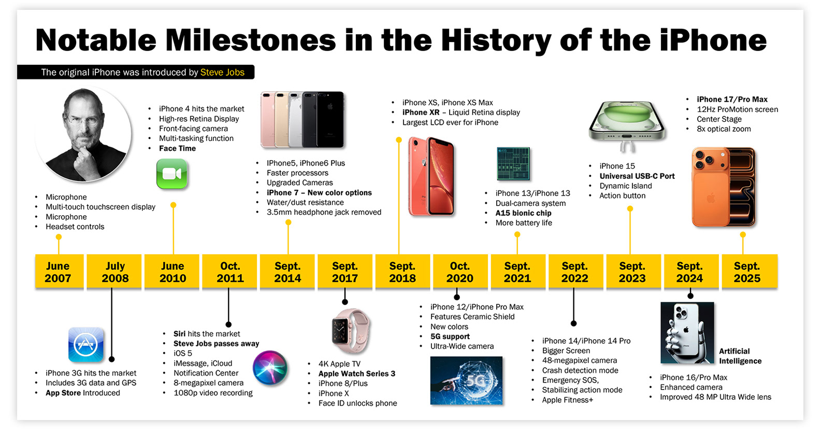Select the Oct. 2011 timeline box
[230, 271]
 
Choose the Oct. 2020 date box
[460, 271]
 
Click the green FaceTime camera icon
[172, 174]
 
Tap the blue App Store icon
[86, 345]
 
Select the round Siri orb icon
[270, 367]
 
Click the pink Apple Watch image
[350, 331]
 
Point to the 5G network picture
[466, 380]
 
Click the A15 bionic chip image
[513, 164]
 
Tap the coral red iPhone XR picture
[431, 176]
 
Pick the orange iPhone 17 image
[724, 187]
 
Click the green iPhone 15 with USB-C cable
[627, 126]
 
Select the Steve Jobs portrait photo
[83, 134]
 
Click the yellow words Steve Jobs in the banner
[222, 72]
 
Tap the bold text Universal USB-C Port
[637, 176]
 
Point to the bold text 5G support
[450, 336]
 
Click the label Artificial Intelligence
[740, 356]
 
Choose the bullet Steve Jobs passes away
[216, 343]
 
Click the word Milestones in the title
[250, 40]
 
